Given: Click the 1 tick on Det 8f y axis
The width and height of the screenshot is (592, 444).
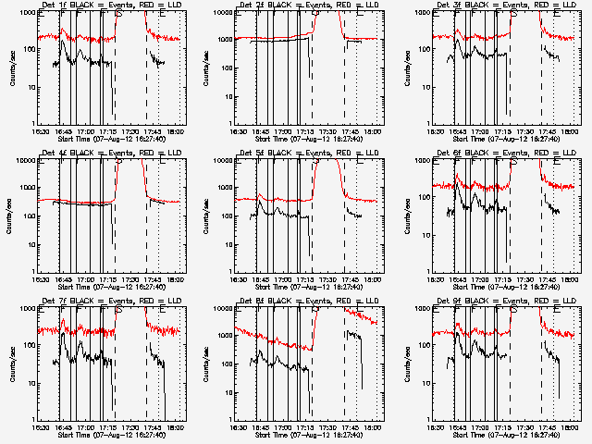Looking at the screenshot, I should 230,419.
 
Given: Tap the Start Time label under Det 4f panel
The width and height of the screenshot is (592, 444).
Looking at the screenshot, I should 110,284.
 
